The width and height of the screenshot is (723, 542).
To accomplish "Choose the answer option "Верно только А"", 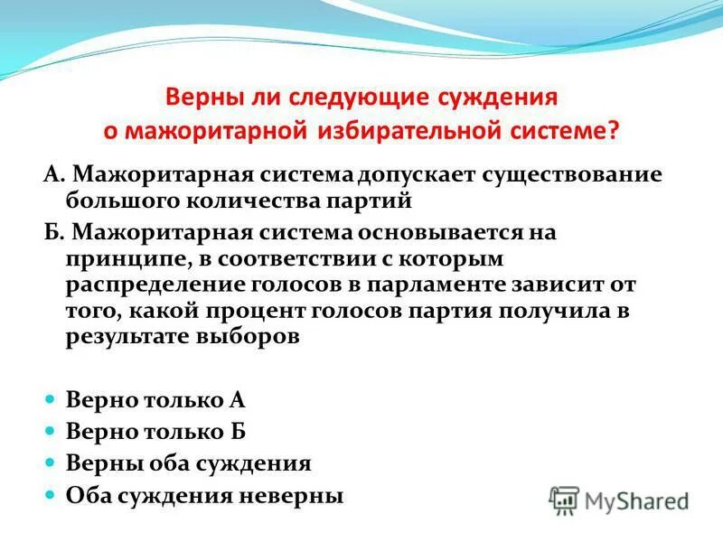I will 156,401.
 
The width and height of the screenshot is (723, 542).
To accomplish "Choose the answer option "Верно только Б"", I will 156,432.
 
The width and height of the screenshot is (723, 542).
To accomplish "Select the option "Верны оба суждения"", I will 189,463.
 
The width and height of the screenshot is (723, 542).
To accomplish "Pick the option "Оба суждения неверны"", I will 205,495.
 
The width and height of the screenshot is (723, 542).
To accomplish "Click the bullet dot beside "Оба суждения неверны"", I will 52,495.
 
